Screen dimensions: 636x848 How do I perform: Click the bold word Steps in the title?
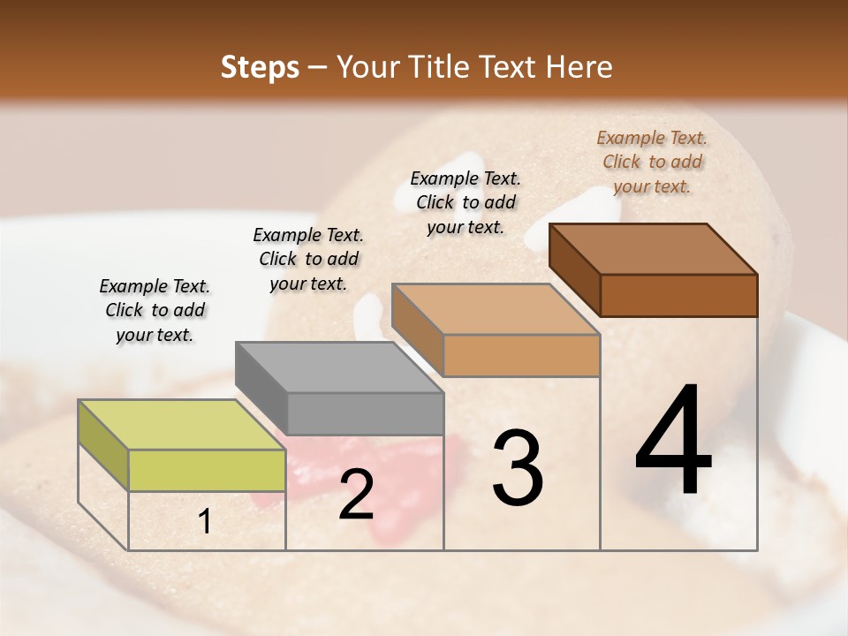pos(260,67)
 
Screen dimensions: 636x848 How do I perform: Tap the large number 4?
pos(673,442)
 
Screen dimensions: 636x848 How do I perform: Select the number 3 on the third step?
pos(518,468)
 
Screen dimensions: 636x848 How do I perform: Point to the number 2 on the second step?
pos(356,495)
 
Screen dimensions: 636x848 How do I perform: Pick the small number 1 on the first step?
pos(204,522)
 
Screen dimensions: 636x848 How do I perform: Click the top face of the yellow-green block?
pos(181,425)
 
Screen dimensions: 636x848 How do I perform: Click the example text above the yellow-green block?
pos(155,310)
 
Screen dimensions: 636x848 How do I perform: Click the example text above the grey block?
pos(308,259)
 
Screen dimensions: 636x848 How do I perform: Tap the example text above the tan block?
pos(466,202)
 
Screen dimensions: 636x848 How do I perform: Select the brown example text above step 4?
pos(652,162)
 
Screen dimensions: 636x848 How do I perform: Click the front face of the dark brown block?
pos(678,295)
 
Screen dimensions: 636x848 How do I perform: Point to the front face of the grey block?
pos(365,413)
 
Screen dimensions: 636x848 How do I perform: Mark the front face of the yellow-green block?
pos(207,470)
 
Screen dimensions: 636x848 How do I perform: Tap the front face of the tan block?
pos(521,355)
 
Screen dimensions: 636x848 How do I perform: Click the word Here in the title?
pos(581,67)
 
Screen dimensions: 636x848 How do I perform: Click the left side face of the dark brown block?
pos(574,269)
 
